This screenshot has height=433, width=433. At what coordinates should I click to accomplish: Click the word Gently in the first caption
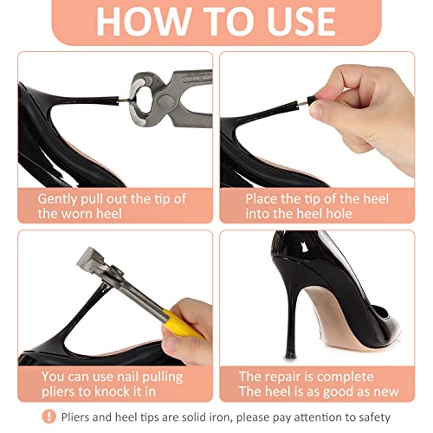[61, 198]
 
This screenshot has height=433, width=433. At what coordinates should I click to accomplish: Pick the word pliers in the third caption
[59, 391]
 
